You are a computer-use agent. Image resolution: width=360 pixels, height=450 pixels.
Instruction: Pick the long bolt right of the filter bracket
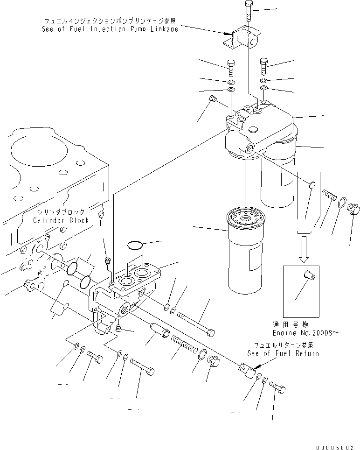click(x=196, y=324)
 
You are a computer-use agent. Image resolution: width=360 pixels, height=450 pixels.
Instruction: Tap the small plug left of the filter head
click(x=214, y=98)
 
